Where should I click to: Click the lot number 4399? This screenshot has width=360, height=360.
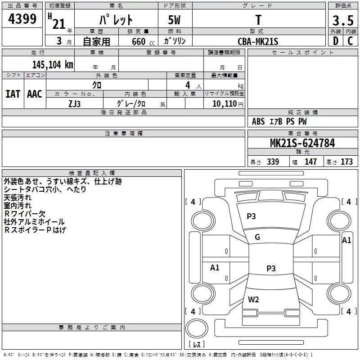22,19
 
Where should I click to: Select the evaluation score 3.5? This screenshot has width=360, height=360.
342,21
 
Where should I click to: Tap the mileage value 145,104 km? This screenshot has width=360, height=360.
53,64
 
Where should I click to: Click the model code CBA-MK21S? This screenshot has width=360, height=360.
258,41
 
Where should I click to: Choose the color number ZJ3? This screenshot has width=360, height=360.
75,103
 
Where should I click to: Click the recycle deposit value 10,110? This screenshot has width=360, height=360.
224,103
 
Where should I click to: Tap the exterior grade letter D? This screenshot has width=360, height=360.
335,41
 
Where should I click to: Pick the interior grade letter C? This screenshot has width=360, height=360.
350,41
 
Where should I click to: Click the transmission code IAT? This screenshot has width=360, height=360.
13,94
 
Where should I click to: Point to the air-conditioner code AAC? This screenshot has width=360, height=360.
35,94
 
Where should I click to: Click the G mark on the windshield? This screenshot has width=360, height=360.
257,237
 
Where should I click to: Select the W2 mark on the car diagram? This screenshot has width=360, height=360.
253,299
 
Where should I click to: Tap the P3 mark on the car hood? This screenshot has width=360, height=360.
251,216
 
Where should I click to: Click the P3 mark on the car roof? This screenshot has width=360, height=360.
270,269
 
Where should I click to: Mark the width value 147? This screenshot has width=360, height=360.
310,162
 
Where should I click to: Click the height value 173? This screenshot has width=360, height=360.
346,162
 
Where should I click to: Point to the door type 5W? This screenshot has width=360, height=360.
175,21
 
